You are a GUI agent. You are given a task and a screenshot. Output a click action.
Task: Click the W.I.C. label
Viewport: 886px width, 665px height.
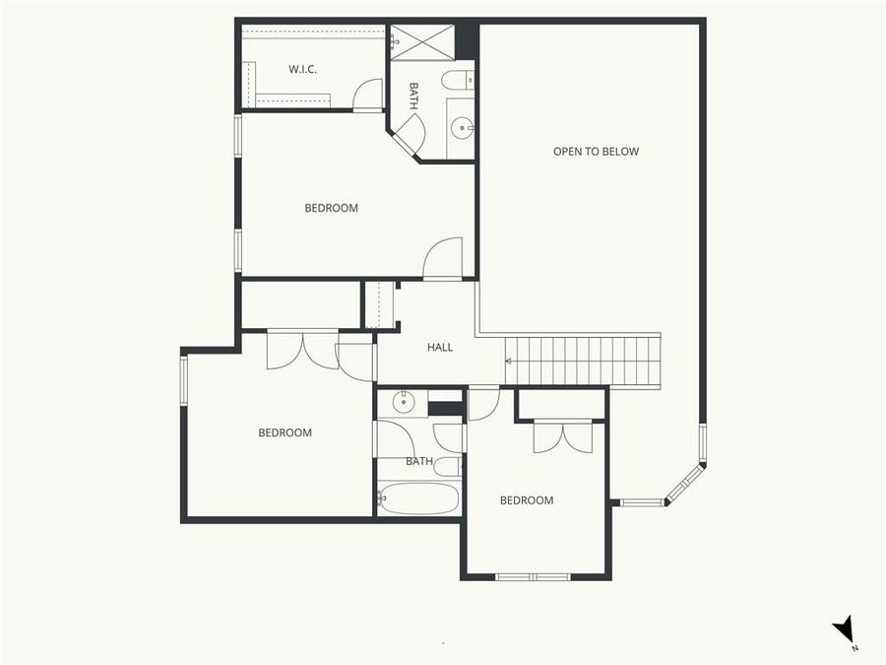(302, 69)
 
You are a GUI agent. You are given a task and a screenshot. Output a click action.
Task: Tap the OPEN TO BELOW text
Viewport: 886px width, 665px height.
(596, 152)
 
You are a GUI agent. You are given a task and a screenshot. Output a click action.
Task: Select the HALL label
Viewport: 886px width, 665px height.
(440, 347)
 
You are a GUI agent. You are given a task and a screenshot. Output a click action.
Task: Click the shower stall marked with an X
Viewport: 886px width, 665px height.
(421, 42)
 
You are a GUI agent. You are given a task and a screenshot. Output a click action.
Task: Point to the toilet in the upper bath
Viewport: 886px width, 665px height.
(456, 80)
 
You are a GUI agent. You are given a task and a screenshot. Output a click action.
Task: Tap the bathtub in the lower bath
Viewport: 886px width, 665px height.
(418, 498)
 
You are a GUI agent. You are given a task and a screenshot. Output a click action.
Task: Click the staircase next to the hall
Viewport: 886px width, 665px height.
(583, 361)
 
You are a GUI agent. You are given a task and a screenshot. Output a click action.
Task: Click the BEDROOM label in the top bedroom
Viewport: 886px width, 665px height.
(331, 208)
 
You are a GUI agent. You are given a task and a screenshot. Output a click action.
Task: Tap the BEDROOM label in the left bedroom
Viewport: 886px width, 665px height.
(285, 432)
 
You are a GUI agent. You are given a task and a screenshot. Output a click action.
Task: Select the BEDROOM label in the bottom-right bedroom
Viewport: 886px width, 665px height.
(527, 500)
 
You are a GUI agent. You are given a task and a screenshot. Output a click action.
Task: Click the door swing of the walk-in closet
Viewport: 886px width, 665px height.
(368, 95)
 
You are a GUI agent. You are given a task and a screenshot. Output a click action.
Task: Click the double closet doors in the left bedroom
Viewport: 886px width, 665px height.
(303, 350)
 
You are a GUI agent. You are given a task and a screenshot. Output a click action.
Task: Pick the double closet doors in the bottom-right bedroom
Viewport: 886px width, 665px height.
(563, 435)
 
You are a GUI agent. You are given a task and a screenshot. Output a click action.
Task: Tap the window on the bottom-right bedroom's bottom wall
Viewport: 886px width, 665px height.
(533, 576)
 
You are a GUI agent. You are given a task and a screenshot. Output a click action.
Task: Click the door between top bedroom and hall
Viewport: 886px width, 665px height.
(443, 260)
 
